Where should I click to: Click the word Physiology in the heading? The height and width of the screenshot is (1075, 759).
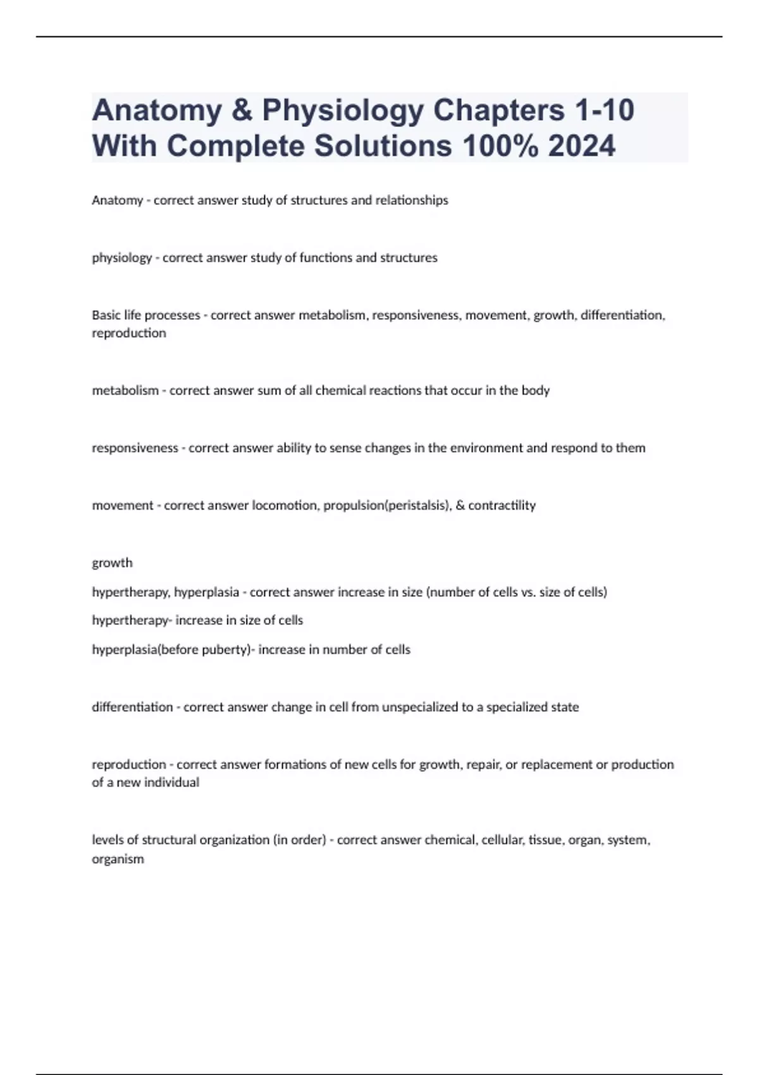tap(342, 111)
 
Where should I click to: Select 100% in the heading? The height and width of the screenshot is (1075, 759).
tap(500, 146)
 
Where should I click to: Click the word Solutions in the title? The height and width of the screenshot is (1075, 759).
tap(383, 146)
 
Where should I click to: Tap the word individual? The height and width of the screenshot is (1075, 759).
tap(171, 783)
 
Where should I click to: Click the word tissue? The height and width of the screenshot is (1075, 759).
tap(546, 840)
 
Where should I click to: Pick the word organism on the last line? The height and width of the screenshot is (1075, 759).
tap(118, 859)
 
